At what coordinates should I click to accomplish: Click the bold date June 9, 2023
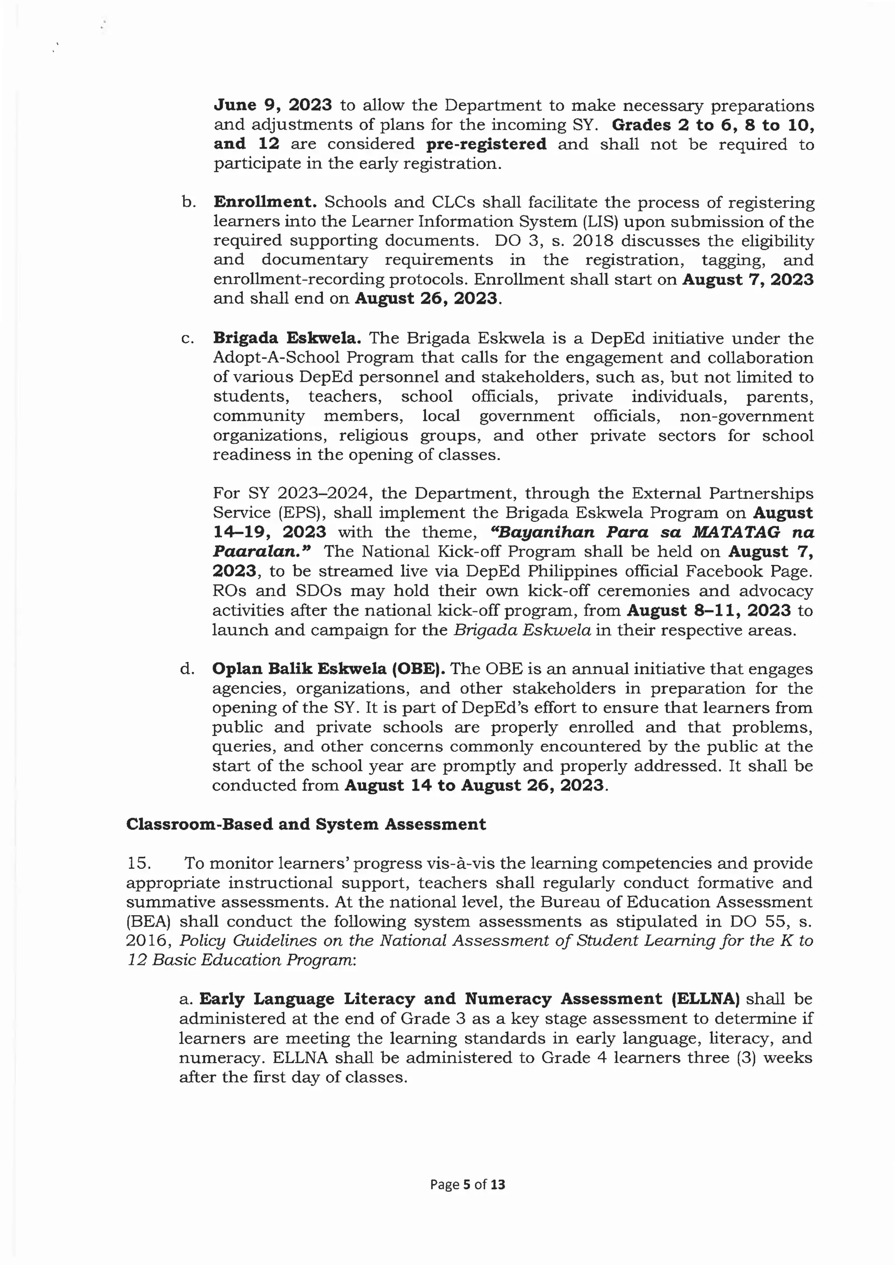(x=272, y=105)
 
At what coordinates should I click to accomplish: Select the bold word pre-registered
(x=486, y=144)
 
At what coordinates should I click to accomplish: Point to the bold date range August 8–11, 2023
(x=709, y=611)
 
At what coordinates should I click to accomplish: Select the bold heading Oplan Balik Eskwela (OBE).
(x=329, y=668)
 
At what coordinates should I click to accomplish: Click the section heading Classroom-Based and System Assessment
(x=306, y=824)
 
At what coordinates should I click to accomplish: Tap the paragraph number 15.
(x=138, y=863)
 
